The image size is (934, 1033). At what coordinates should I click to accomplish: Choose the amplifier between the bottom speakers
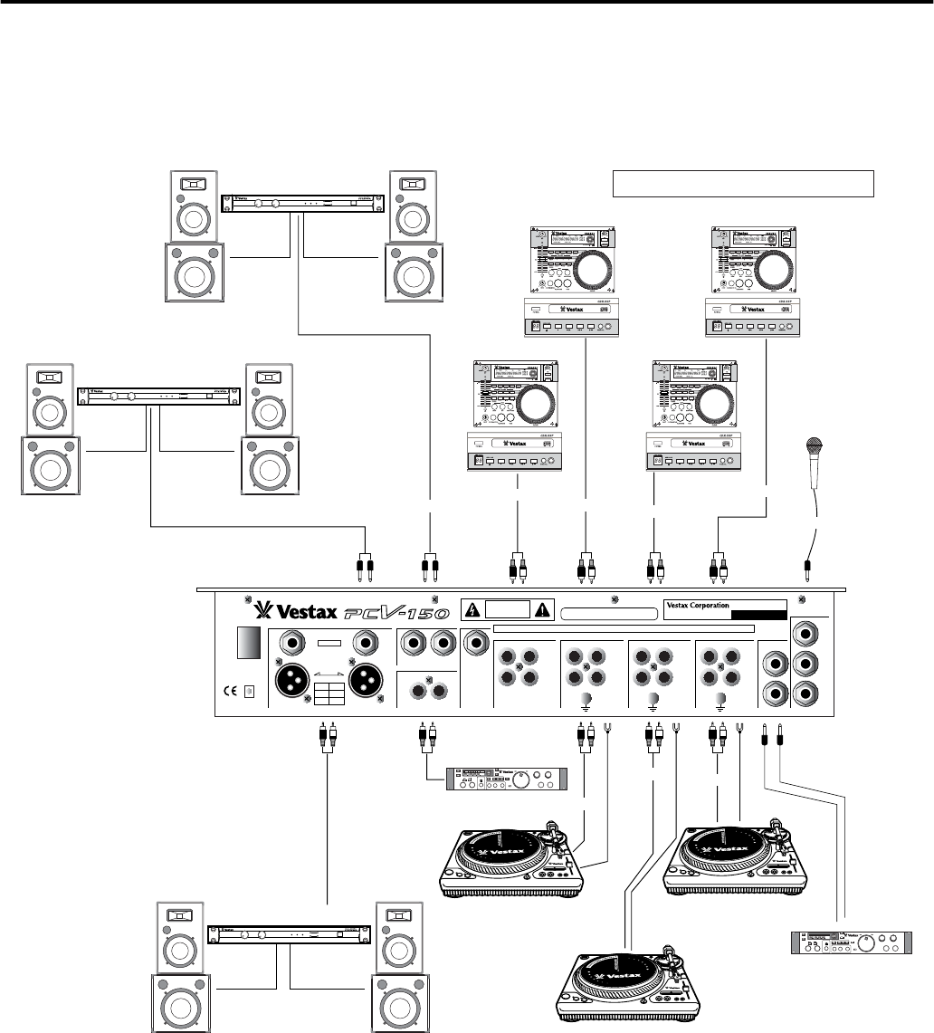pyautogui.click(x=289, y=935)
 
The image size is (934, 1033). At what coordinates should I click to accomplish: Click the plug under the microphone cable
pyautogui.click(x=806, y=569)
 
